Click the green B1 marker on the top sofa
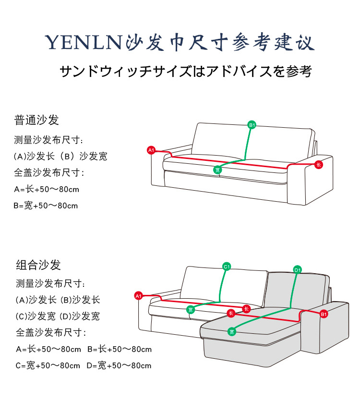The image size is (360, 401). tap(252, 125)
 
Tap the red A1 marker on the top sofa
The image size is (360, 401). tap(151, 150)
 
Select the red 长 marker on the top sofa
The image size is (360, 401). tap(319, 165)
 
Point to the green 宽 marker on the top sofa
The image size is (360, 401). tap(217, 170)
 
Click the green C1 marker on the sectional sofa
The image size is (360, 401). tap(227, 267)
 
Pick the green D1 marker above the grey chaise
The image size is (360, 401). tap(297, 270)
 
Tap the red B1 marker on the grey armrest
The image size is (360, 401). tap(324, 314)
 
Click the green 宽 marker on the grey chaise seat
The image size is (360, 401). tap(232, 332)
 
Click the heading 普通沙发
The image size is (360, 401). tap(36, 120)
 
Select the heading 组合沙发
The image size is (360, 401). tap(38, 265)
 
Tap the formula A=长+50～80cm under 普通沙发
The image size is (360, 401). tap(47, 189)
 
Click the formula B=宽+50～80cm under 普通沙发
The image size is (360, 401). tap(46, 206)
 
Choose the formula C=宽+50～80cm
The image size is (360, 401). tap(48, 366)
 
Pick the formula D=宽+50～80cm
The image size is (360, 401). tap(119, 366)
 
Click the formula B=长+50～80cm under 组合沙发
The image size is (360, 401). tap(120, 349)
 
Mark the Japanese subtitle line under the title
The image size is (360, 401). tap(186, 72)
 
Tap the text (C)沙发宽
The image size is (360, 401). tap(34, 316)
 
